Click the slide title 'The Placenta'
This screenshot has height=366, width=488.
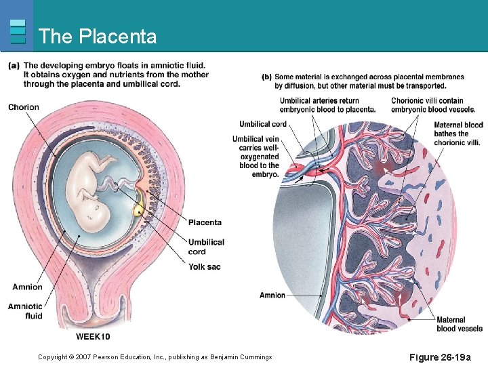[x=98, y=36]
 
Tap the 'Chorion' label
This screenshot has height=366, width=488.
[x=24, y=107]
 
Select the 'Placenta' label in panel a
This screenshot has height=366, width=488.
[x=205, y=222]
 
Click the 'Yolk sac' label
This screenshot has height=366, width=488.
[x=205, y=267]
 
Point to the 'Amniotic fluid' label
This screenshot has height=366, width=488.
[x=25, y=311]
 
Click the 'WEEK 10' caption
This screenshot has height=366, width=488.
[x=93, y=337]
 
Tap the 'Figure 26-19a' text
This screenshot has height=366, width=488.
[x=444, y=357]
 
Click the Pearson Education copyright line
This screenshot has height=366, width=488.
[x=155, y=357]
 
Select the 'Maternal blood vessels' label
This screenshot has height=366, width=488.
[x=459, y=325]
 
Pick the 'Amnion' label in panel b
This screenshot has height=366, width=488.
[x=272, y=296]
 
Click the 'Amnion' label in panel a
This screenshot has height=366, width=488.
[x=27, y=287]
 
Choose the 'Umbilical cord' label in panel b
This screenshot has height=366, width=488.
[x=262, y=124]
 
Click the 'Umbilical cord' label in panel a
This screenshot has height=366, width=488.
[x=206, y=247]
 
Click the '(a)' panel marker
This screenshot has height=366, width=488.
[x=14, y=66]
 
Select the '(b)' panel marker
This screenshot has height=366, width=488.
[x=266, y=77]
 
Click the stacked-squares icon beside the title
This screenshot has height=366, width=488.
[x=18, y=31]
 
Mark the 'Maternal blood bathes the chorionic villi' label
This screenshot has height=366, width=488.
[x=458, y=134]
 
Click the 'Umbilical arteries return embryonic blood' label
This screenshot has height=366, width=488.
[x=327, y=105]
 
